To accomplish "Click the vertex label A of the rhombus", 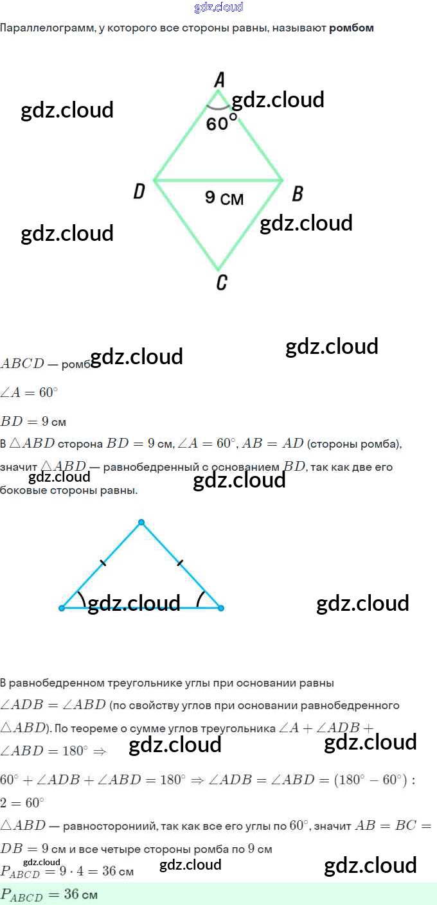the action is click(x=219, y=80).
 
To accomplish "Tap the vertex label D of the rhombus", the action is click(x=139, y=191).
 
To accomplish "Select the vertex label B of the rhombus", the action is click(x=297, y=193).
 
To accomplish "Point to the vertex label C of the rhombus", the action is click(x=221, y=282).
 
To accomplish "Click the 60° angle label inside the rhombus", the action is click(x=217, y=123).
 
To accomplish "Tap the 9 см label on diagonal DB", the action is click(x=224, y=198).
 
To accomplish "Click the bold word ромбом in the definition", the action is click(x=351, y=28).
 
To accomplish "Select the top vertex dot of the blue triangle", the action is click(x=141, y=522).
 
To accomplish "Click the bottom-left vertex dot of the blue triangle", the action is click(x=62, y=608).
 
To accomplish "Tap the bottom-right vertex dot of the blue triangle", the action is click(x=220, y=608).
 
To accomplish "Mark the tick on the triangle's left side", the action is click(x=103, y=563).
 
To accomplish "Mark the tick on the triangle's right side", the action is click(x=180, y=563).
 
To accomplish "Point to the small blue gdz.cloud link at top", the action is click(x=219, y=8).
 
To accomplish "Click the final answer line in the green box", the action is click(x=49, y=894).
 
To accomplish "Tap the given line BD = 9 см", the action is click(x=33, y=422).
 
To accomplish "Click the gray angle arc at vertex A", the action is click(x=218, y=108).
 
